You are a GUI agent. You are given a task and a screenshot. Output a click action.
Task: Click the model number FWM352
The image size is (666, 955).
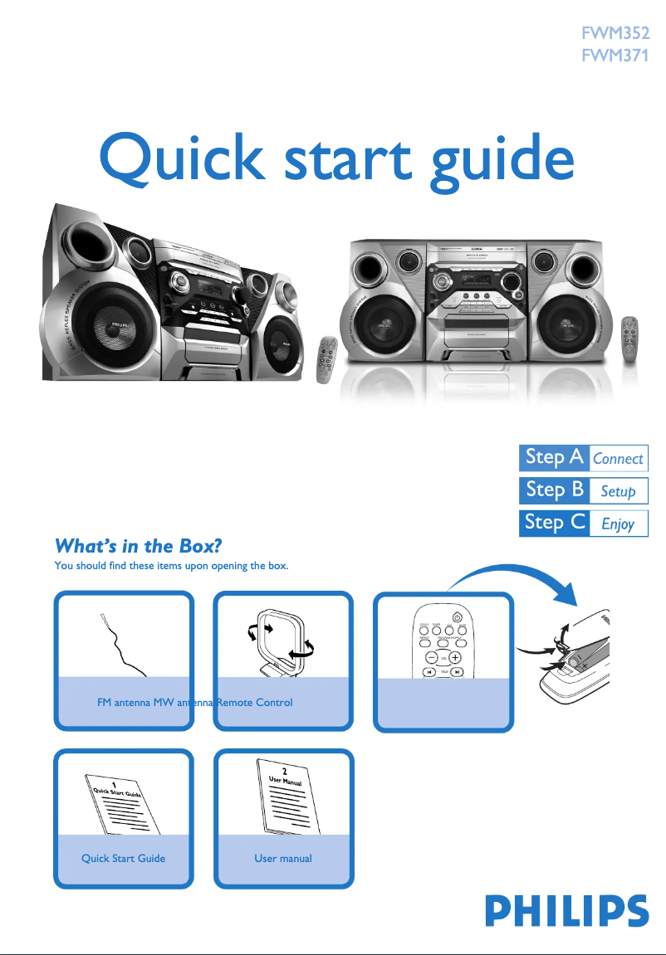(x=615, y=36)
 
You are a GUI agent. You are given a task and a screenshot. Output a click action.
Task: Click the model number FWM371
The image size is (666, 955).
(x=615, y=57)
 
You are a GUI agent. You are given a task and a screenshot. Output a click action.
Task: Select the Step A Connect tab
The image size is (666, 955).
(x=583, y=458)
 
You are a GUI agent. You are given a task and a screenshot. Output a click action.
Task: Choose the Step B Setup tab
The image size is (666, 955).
(x=583, y=490)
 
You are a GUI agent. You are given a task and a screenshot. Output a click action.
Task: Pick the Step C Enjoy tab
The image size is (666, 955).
(x=583, y=523)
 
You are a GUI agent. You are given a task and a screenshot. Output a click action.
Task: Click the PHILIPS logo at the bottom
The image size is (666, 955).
(x=567, y=910)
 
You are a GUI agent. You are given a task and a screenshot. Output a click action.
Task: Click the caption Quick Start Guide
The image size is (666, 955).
(x=123, y=858)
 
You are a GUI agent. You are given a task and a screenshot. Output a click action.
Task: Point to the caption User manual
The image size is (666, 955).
(x=283, y=858)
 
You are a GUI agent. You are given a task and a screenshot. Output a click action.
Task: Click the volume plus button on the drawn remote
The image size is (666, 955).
(x=455, y=658)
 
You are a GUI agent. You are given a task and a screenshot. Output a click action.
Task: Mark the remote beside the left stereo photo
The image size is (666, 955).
(x=328, y=359)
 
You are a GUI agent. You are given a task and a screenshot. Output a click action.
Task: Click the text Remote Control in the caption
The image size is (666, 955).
(x=255, y=703)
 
